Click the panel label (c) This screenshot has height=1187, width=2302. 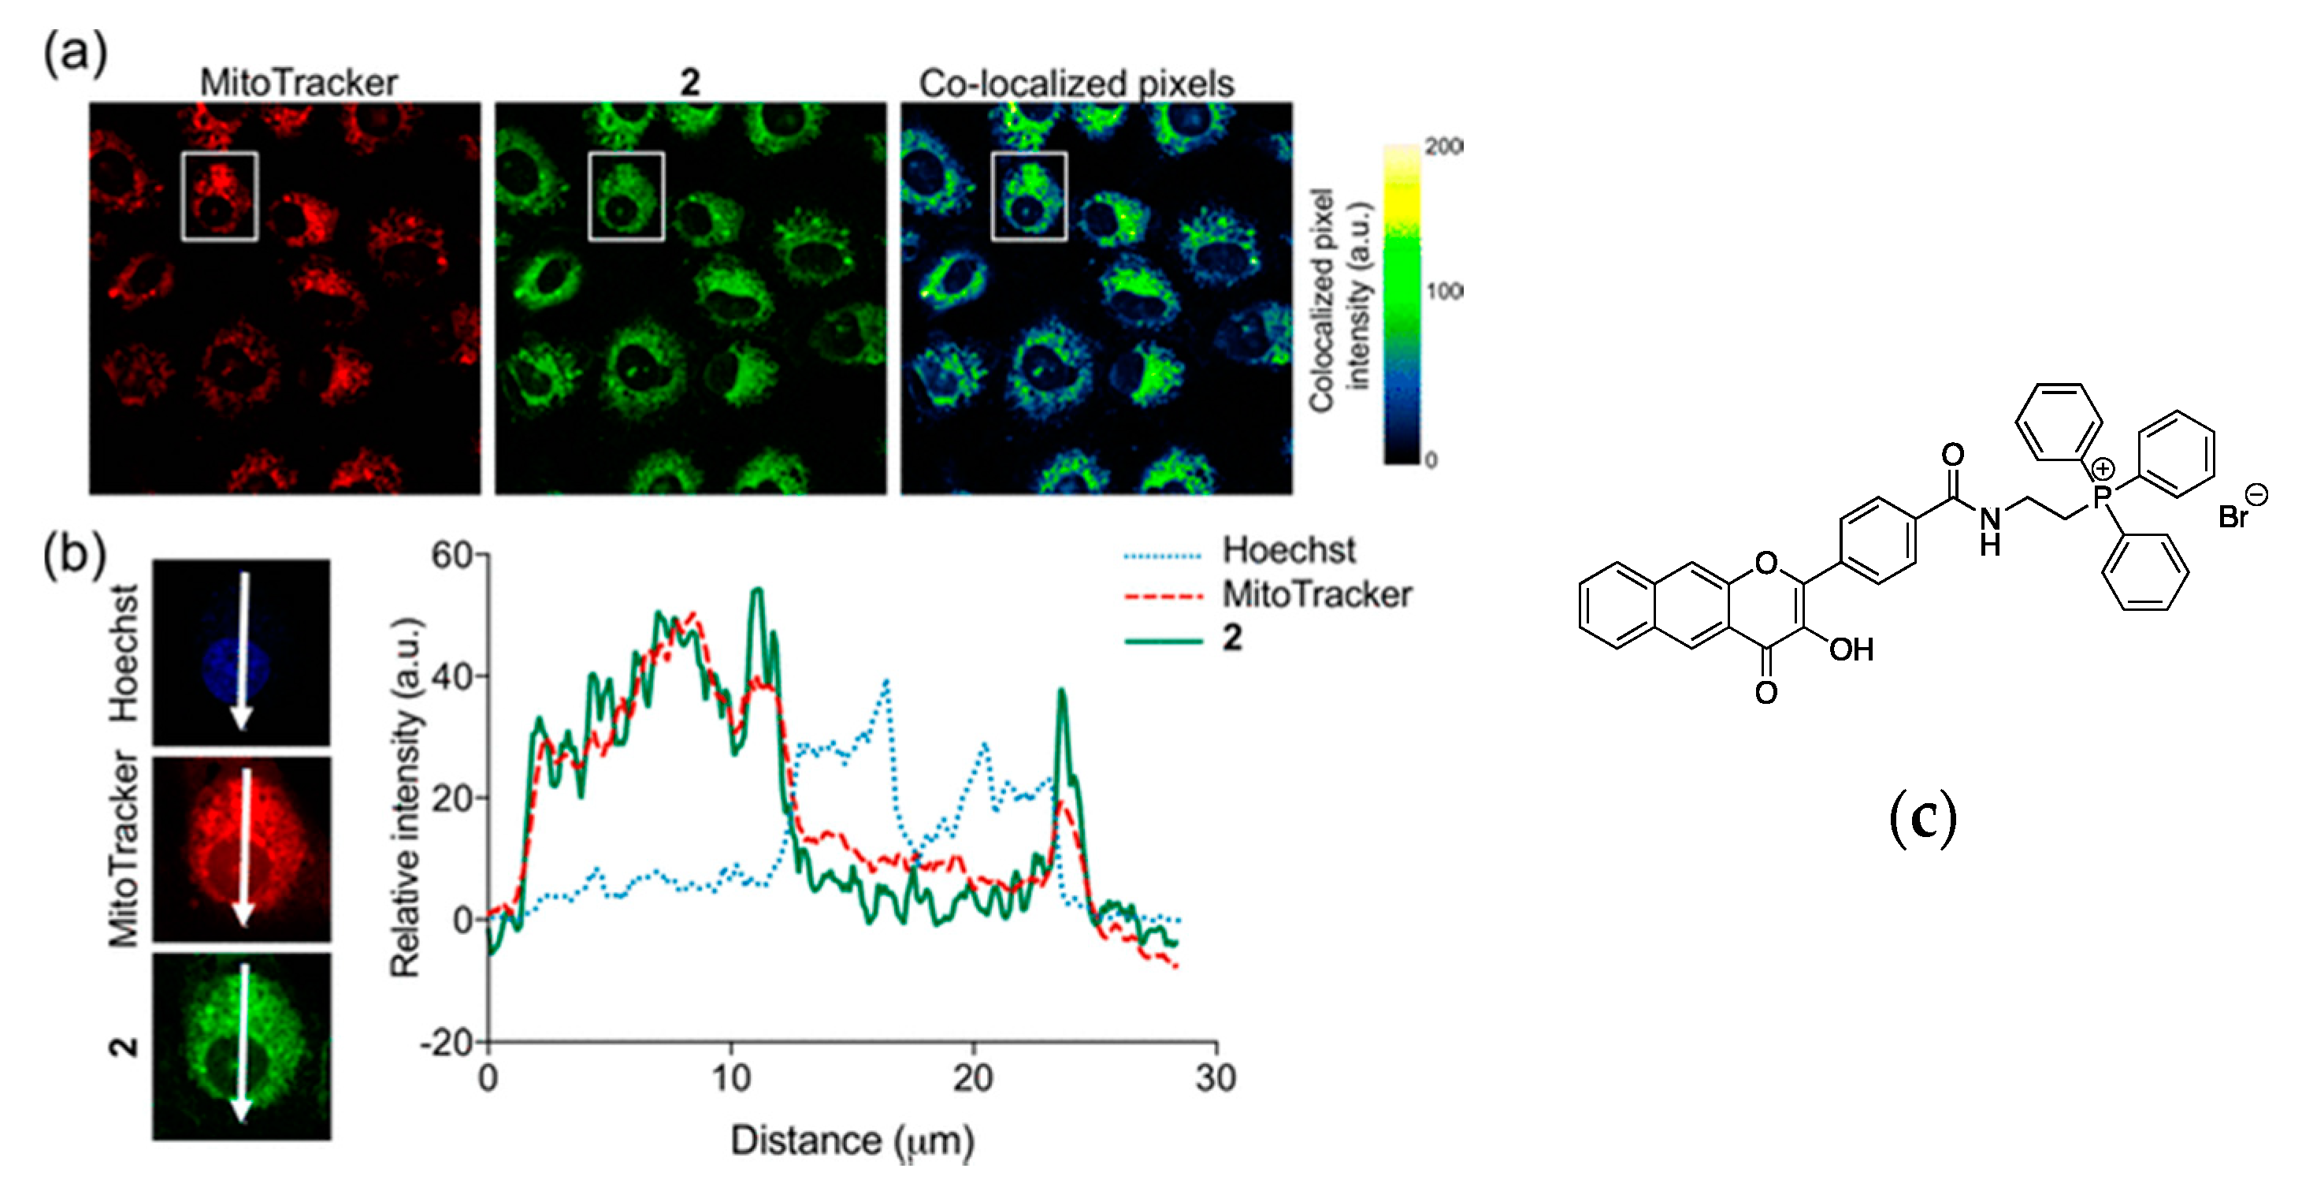coord(1922,818)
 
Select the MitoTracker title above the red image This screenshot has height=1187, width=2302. coord(299,83)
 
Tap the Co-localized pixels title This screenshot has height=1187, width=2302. coord(1076,83)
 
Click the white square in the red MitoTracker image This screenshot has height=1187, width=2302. coord(220,196)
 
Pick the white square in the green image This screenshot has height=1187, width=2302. coord(626,196)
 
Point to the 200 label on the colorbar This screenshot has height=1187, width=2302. coord(1443,146)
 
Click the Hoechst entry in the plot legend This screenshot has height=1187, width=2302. coord(1288,551)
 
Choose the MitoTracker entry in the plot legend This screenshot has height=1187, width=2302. coord(1316,594)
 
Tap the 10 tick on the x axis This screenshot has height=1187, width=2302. coord(731,1079)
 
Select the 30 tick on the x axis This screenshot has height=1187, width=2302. coord(1216,1079)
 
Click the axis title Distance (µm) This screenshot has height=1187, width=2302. coord(852,1141)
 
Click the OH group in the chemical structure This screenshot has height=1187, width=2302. coord(1851,649)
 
